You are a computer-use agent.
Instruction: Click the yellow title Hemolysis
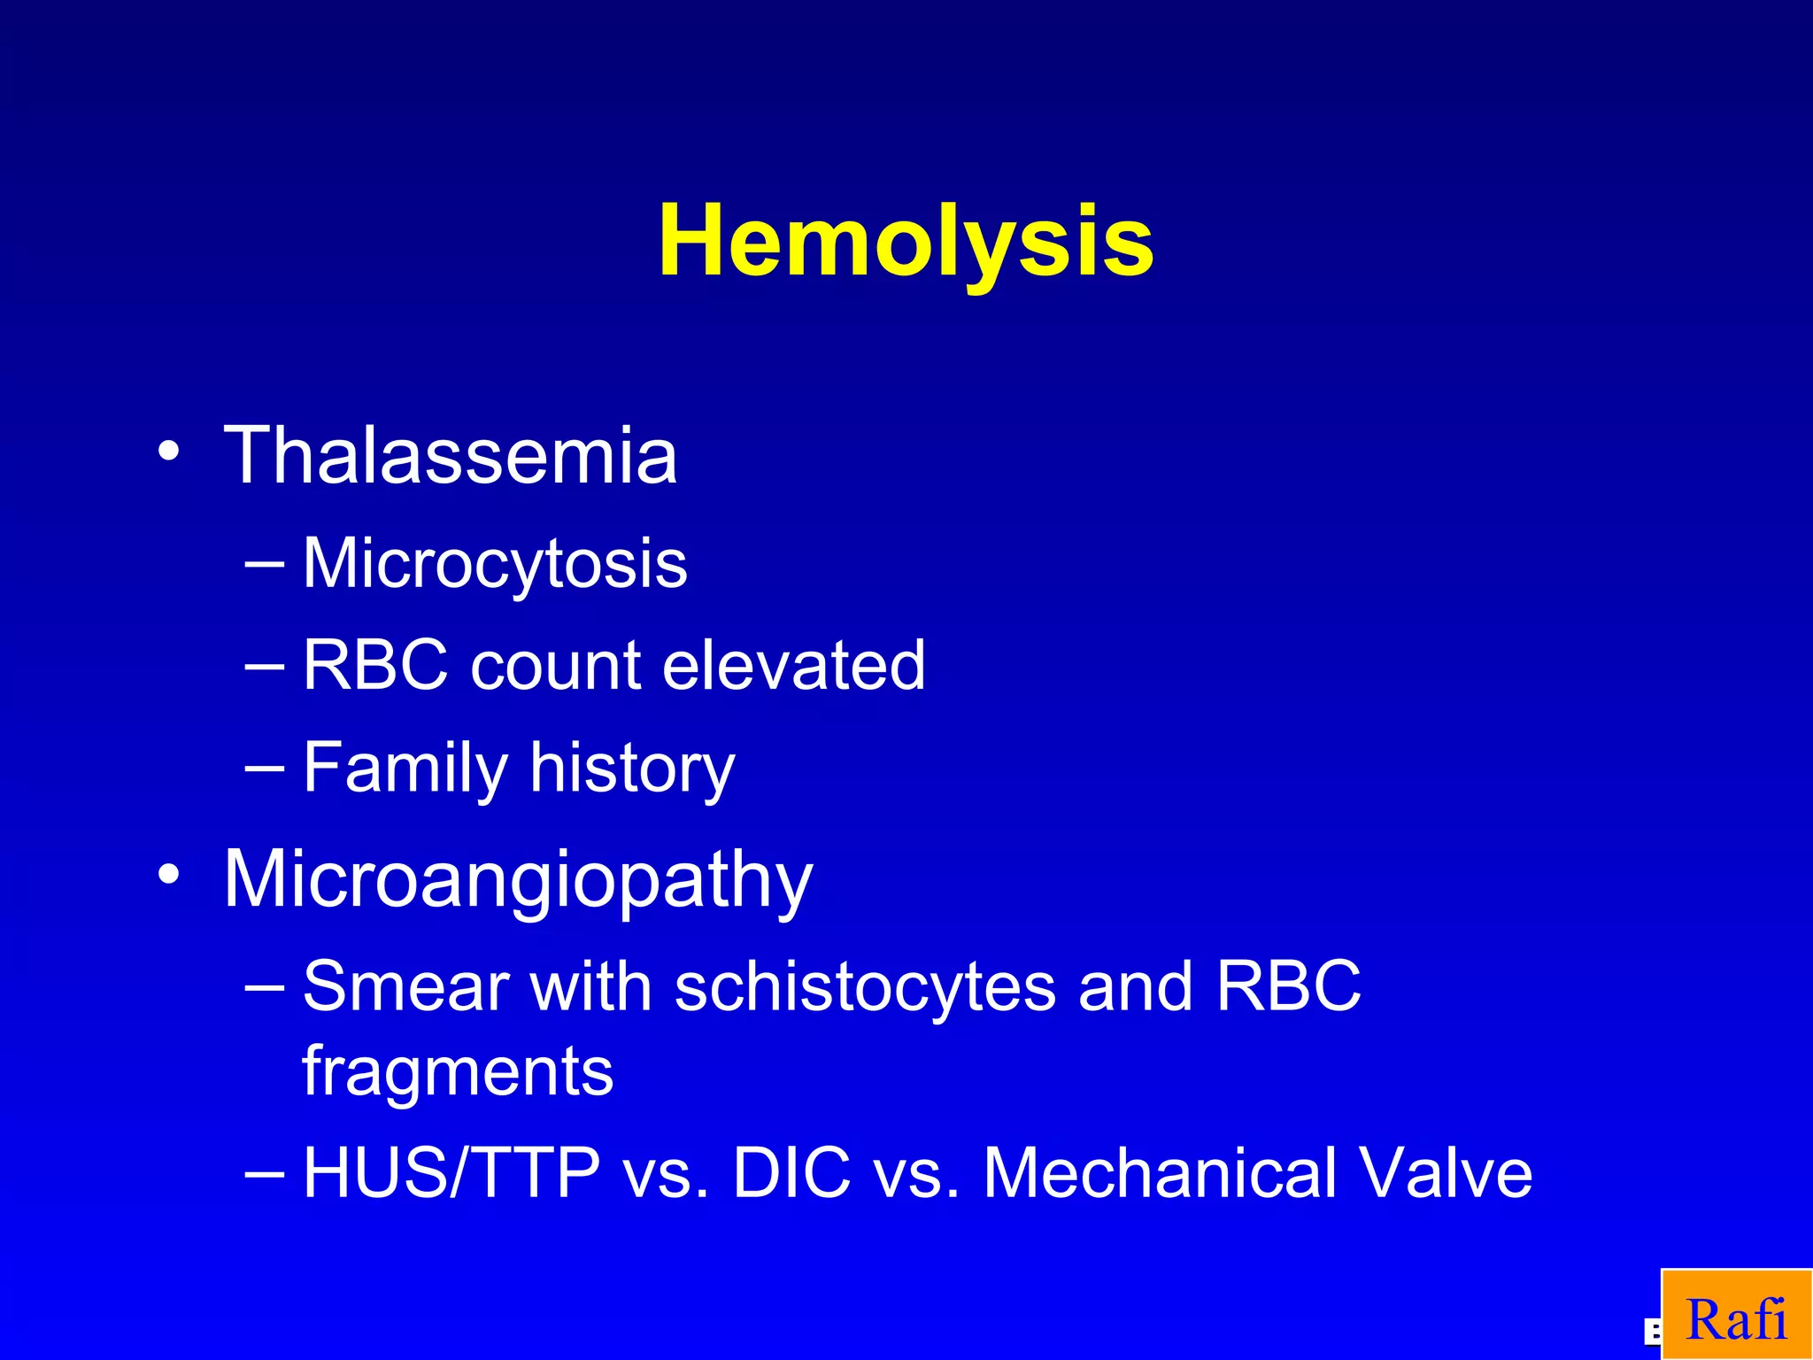pyautogui.click(x=906, y=242)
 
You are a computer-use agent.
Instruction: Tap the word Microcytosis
pyautogui.click(x=495, y=563)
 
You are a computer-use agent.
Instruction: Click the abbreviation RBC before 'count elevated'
pyautogui.click(x=375, y=665)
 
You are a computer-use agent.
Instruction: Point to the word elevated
pyautogui.click(x=793, y=665)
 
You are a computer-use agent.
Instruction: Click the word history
pyautogui.click(x=632, y=768)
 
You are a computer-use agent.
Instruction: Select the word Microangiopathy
pyautogui.click(x=518, y=879)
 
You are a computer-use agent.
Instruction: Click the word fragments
pyautogui.click(x=458, y=1070)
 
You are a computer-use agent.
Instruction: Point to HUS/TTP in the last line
pyautogui.click(x=451, y=1173)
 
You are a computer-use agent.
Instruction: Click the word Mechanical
pyautogui.click(x=1159, y=1173)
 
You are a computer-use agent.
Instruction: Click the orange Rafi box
pyautogui.click(x=1736, y=1315)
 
